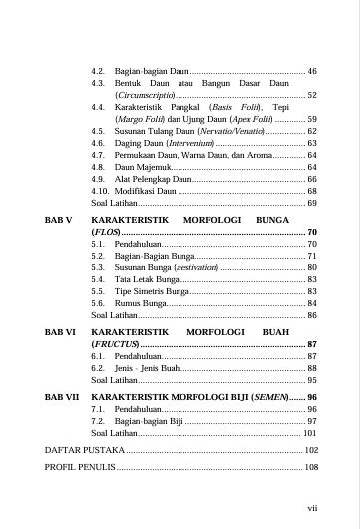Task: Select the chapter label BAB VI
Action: pos(60,328)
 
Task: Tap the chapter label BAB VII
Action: pos(62,396)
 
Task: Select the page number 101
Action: pos(310,434)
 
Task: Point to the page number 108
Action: pos(310,466)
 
